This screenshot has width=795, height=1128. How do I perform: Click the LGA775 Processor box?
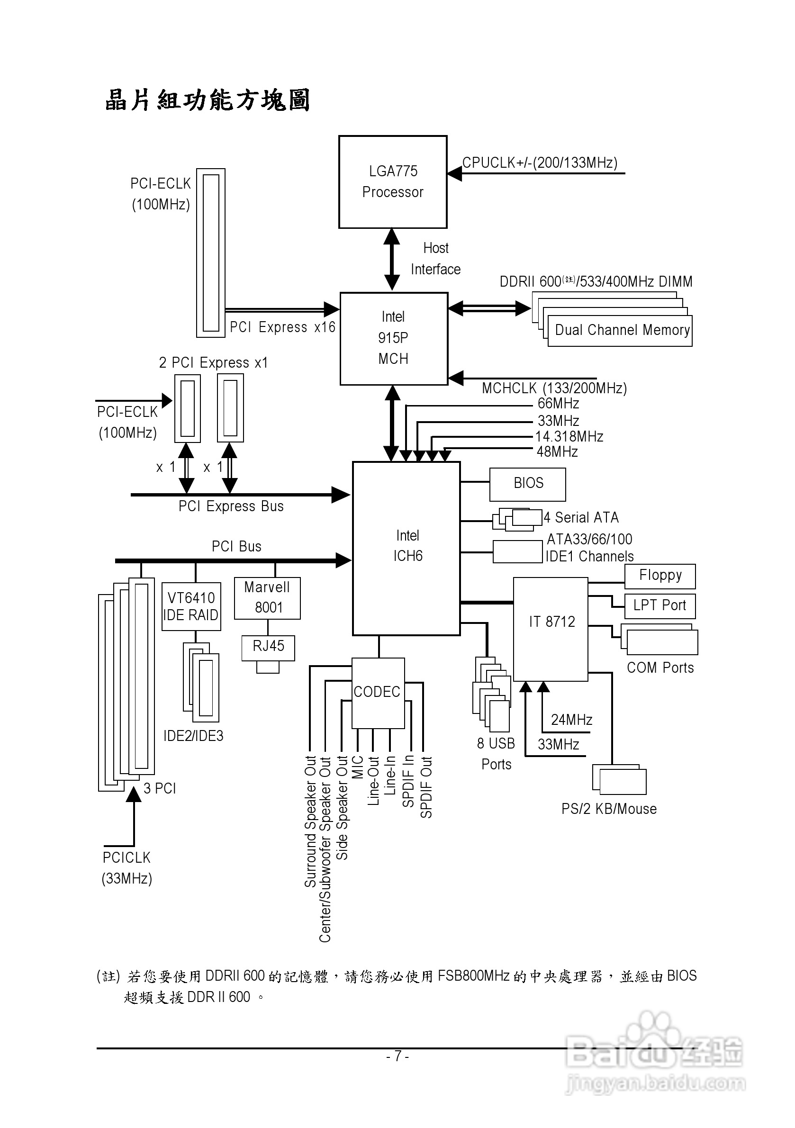pos(393,182)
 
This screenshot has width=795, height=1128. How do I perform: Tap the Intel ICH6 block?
pos(407,548)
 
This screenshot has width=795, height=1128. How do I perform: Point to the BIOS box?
pos(527,483)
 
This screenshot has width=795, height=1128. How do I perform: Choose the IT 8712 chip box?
pos(551,628)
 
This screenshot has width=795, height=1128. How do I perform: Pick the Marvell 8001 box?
pos(267,597)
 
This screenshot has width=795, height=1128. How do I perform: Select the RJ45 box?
pos(268,647)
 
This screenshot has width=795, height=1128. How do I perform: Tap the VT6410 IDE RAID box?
pos(191,606)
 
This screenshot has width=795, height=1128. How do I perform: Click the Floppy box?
pos(660,576)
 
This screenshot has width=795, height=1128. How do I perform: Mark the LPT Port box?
pos(659,606)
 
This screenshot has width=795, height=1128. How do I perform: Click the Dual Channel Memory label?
pos(622,330)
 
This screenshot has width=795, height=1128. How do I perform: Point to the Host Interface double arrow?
pos(392,260)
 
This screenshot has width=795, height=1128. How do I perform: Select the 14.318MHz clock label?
pos(569,436)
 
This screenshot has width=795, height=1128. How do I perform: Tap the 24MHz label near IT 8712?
pos(571,720)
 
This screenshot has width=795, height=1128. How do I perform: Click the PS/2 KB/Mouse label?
pos(609,809)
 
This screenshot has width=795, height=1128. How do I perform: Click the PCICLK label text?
pos(126,858)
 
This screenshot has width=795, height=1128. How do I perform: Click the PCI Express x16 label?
pos(282,327)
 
